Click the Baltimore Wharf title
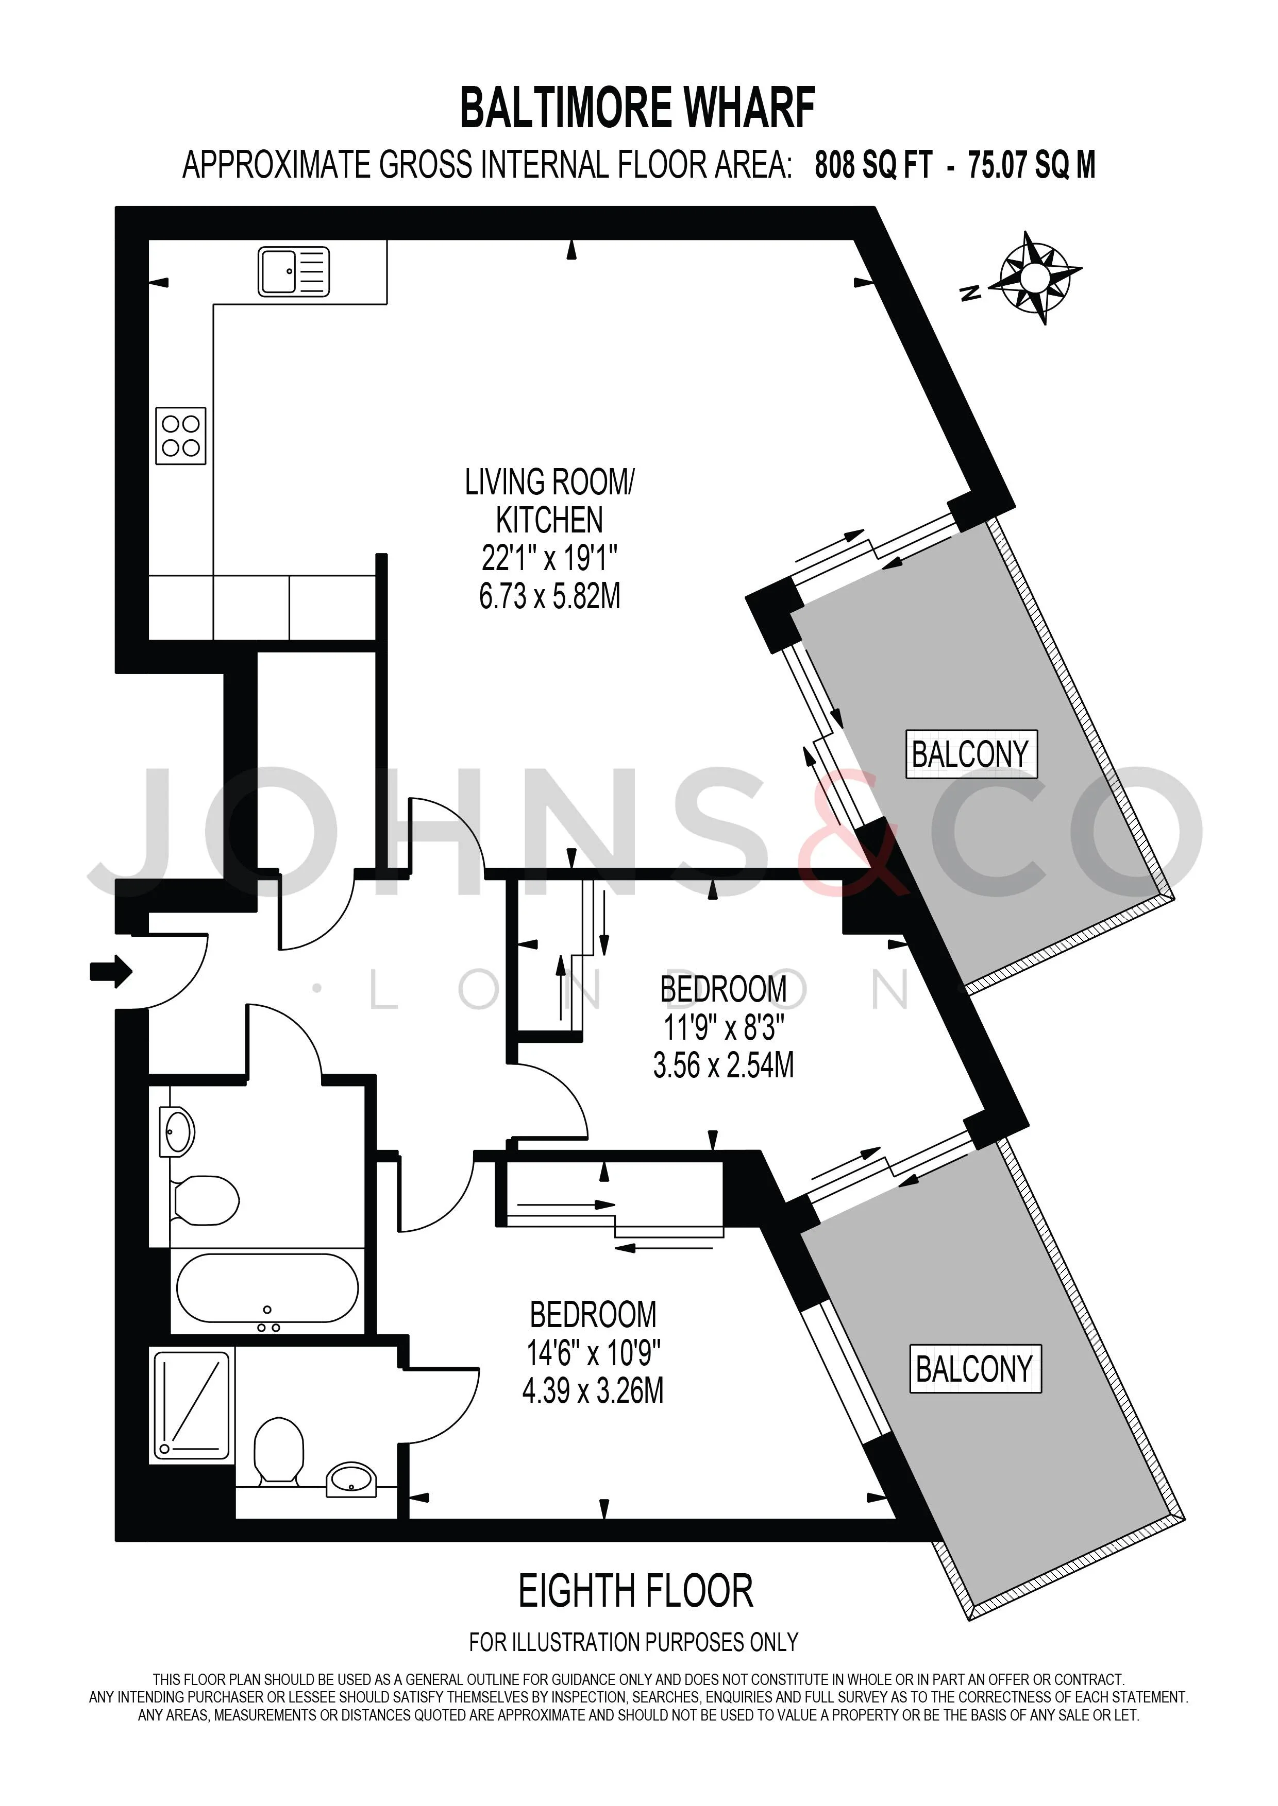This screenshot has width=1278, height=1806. (x=637, y=109)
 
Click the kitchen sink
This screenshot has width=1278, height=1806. (x=294, y=271)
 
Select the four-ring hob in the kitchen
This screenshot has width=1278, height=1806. (x=180, y=436)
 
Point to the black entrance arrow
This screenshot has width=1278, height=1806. (x=111, y=971)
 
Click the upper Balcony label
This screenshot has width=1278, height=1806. (x=971, y=754)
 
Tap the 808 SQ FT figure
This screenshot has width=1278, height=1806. (x=873, y=165)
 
